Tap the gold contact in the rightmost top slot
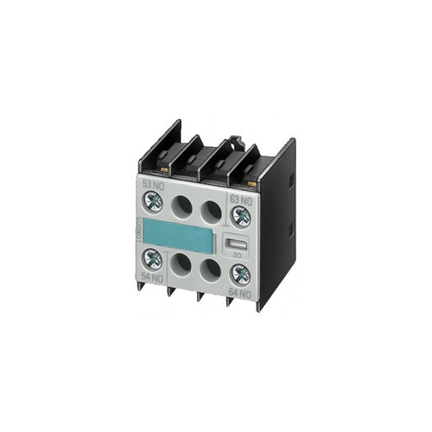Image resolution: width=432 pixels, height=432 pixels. pos(251,184)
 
